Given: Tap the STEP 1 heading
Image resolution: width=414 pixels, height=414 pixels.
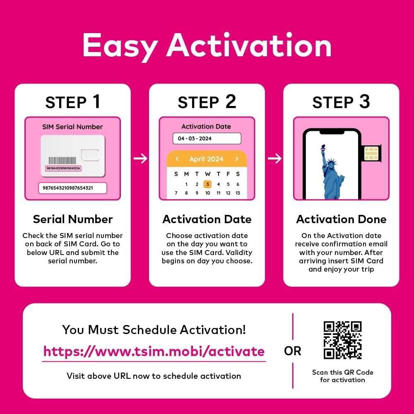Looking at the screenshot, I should point(72,102).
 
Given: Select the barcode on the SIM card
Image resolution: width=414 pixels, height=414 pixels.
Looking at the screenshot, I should point(63,160).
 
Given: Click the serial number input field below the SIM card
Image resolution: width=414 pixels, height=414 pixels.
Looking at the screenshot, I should point(72,188).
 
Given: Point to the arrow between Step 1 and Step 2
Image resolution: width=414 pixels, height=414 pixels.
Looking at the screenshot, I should point(141,158).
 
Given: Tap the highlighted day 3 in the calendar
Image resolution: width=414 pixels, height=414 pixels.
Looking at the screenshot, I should point(207,184).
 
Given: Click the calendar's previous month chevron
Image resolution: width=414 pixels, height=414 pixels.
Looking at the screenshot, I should point(177,159).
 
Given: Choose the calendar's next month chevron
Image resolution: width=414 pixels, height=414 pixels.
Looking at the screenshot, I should point(237,159).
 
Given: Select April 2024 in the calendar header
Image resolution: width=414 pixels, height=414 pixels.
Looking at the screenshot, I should point(206,159).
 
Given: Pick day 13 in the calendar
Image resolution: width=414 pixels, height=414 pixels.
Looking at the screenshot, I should point(238,193).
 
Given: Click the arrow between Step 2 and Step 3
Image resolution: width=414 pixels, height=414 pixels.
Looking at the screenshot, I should point(274,158).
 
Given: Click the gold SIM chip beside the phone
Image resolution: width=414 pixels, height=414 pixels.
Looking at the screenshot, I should point(371,153).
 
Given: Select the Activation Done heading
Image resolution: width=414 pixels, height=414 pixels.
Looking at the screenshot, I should point(341,219).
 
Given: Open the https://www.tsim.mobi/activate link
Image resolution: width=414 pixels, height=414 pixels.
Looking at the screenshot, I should point(154,351).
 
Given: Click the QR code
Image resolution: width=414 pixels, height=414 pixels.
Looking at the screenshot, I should point(342,340).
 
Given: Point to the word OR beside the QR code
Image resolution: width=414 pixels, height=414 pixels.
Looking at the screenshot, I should point(293,351).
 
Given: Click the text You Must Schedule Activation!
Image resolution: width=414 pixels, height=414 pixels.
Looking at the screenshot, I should point(154,330).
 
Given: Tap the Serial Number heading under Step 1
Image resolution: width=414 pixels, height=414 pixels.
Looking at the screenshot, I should point(72,219).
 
